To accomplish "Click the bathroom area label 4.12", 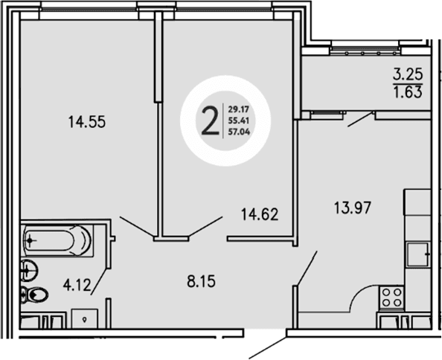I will pyautogui.click(x=74, y=283).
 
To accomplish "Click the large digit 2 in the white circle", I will pyautogui.click(x=211, y=119).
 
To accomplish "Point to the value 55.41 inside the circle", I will pyautogui.click(x=240, y=121).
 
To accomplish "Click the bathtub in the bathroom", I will pyautogui.click(x=57, y=240).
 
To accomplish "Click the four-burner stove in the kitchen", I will pyautogui.click(x=390, y=298).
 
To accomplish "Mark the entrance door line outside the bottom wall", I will pyautogui.click(x=268, y=349).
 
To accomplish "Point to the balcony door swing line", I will pyautogui.click(x=359, y=118).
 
